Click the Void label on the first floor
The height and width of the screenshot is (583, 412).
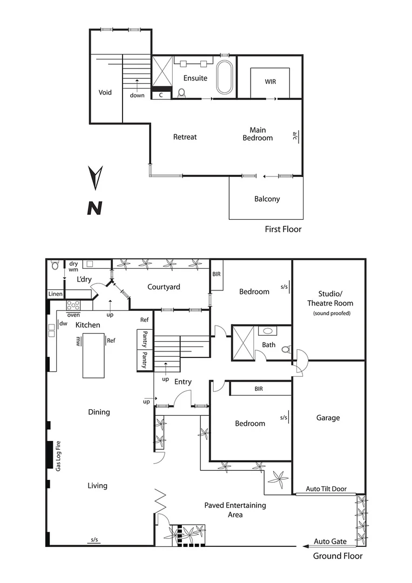coord(105,92)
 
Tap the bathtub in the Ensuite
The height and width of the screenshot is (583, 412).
coord(225,77)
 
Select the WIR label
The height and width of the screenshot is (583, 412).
coord(270,82)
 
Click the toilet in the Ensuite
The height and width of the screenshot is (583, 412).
coord(181,93)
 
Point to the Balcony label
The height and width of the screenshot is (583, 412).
coord(267,199)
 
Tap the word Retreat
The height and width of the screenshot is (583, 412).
coord(185,137)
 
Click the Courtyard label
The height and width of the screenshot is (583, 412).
coord(164,287)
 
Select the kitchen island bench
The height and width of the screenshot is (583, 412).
coord(93,355)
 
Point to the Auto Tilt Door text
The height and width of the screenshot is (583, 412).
coord(326,489)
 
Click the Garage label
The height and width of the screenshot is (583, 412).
coord(328,418)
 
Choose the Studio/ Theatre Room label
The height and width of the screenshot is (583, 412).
coord(328,299)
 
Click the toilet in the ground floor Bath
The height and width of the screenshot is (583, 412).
coord(287,349)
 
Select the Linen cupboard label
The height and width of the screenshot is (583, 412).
coord(56,294)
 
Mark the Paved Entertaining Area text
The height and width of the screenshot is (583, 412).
coord(235,510)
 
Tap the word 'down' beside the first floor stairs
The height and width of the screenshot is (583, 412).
coord(137,96)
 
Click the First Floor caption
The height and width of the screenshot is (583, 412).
coord(283,229)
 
